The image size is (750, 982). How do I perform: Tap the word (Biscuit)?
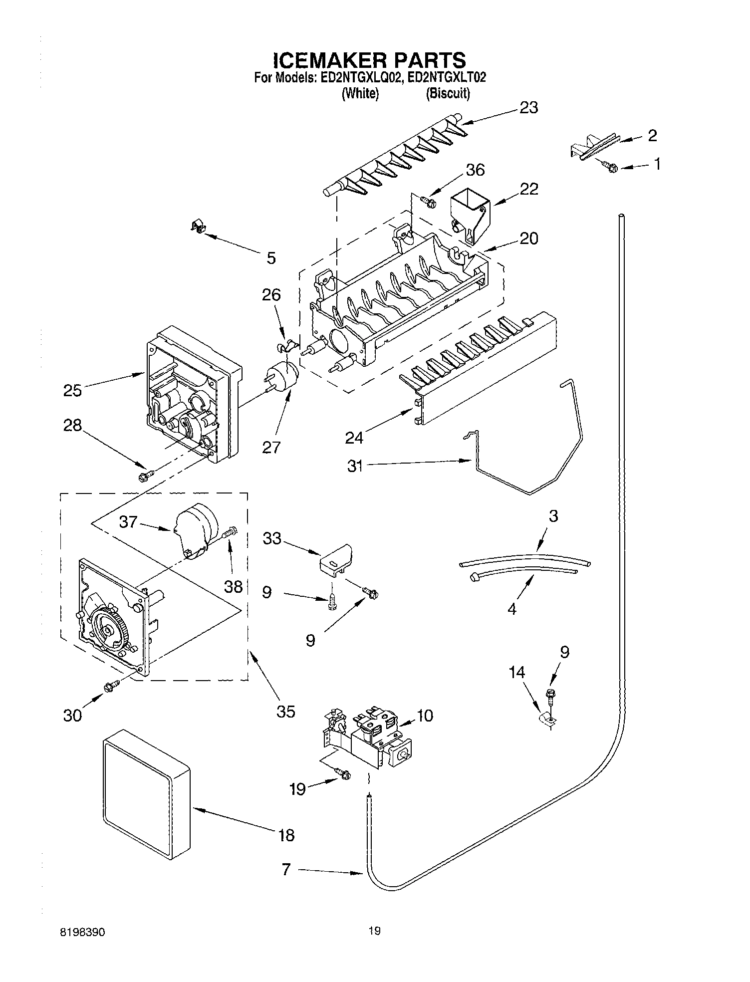[x=448, y=93]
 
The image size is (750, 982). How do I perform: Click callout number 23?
[x=528, y=108]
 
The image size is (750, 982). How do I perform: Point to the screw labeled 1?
[x=611, y=168]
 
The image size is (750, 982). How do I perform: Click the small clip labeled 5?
[x=199, y=228]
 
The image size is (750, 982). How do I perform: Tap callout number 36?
[x=475, y=170]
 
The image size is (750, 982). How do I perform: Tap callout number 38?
[x=233, y=586]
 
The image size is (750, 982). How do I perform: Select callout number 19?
[x=297, y=789]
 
